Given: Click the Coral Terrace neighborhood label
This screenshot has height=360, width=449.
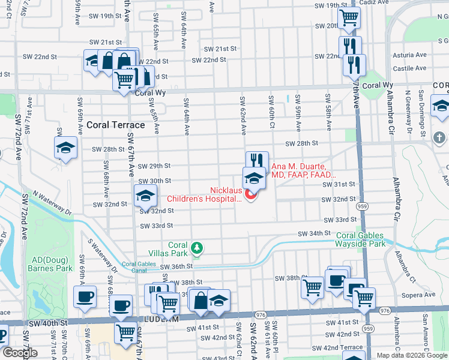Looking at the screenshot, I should pyautogui.click(x=116, y=125).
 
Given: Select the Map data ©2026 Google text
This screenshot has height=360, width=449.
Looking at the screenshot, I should pyautogui.click(x=412, y=355).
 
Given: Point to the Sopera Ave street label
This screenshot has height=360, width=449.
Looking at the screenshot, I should pyautogui.click(x=418, y=295).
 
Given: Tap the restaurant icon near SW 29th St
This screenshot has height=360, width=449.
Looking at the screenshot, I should pyautogui.click(x=257, y=161).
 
